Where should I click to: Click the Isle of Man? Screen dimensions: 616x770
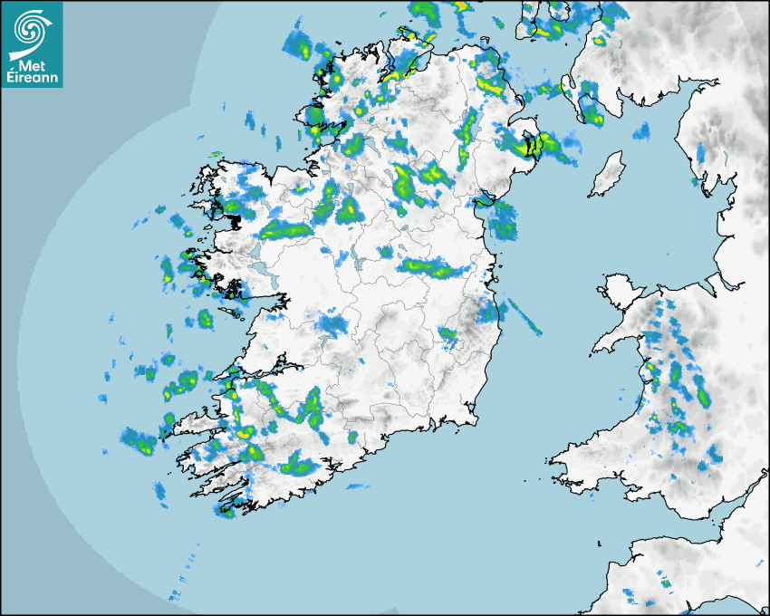(607, 174)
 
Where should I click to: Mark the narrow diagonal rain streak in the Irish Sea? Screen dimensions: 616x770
(525, 316)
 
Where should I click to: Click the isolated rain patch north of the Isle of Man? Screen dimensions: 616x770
(641, 132)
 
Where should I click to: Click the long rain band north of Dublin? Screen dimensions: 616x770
(435, 267)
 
